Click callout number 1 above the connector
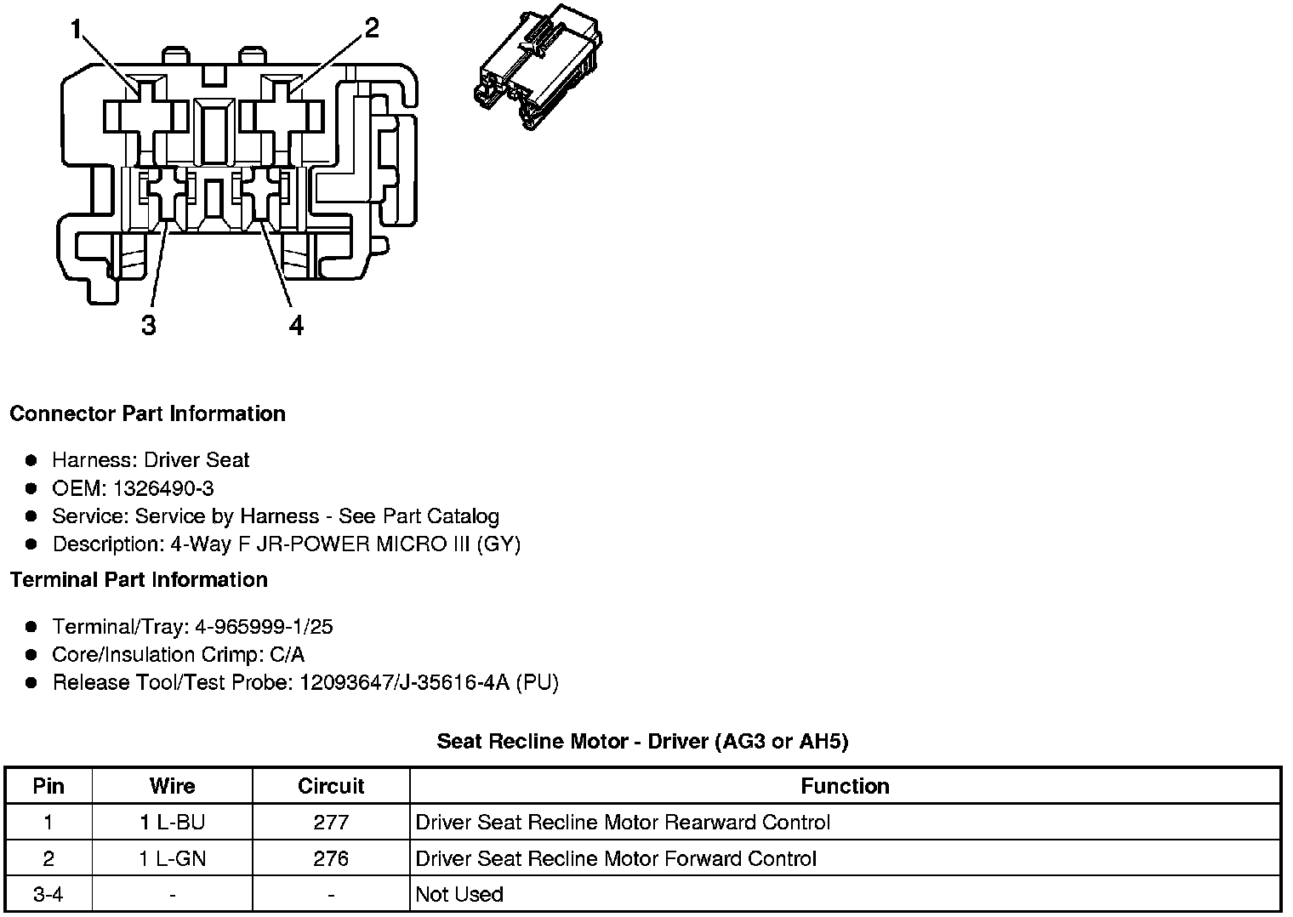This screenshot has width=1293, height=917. coord(77,31)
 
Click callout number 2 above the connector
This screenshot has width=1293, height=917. coord(371,29)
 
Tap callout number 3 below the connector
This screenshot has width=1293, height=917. coord(149,325)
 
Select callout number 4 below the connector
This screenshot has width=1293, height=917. coord(296,325)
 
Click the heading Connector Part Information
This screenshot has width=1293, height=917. coord(147,413)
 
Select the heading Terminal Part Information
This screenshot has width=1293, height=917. coord(139,579)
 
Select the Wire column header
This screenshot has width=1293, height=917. coord(172,786)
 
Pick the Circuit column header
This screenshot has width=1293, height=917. coord(331,786)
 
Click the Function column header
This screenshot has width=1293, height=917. coord(845,786)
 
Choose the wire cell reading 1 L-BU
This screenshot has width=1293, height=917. coord(172,823)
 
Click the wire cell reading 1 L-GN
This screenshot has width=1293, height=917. coord(172,859)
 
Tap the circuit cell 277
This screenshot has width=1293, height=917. coord(331,823)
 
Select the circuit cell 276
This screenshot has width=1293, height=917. coord(331,859)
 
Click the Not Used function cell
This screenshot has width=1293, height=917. coord(459,895)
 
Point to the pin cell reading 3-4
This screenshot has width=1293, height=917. coord(48,895)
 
